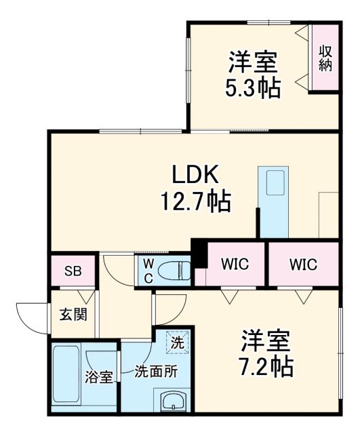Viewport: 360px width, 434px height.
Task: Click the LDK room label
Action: (x=194, y=175)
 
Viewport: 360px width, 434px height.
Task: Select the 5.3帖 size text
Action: (x=253, y=88)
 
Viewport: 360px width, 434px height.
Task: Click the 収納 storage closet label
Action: (x=325, y=58)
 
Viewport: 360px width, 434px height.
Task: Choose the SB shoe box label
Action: (x=72, y=271)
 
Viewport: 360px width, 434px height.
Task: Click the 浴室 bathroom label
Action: (x=98, y=377)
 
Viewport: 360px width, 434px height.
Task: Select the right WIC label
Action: (x=302, y=264)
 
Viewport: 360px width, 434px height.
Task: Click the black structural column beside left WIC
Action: (x=199, y=253)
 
